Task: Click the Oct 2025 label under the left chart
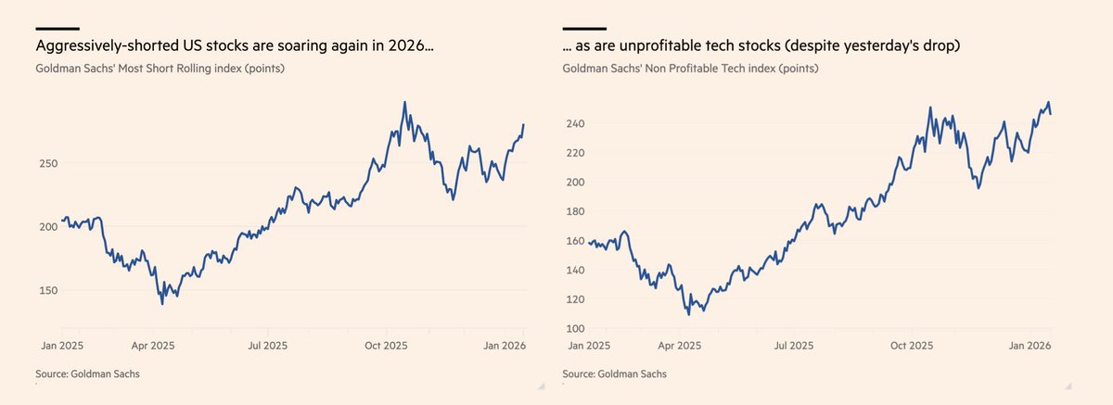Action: click(385, 346)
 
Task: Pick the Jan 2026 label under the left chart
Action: click(505, 346)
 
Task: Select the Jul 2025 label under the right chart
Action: click(794, 346)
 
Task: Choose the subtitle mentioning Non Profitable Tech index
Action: click(690, 68)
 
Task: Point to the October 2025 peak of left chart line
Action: click(404, 103)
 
